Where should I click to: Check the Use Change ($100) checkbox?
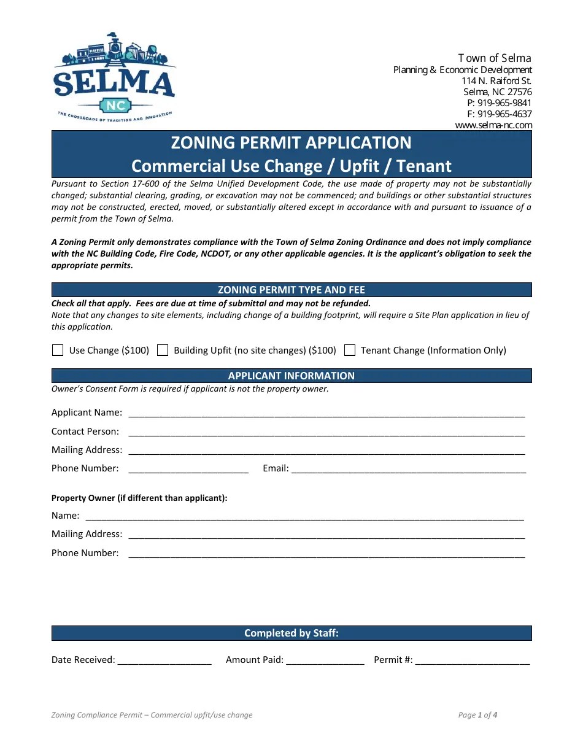[58, 350]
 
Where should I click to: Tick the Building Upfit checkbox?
[163, 350]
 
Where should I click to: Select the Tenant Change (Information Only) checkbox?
[350, 350]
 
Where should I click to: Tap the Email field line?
[408, 469]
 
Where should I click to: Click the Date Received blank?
[164, 660]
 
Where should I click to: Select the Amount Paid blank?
[325, 660]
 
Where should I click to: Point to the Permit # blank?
[472, 660]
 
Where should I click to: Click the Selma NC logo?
[115, 77]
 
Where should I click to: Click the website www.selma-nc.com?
[493, 125]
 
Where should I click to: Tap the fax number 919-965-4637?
[504, 114]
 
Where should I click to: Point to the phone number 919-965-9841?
[504, 103]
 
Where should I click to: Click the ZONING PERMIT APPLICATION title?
[291, 143]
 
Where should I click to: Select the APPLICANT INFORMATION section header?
[291, 376]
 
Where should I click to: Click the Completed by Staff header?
[291, 633]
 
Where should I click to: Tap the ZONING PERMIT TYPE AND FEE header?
[291, 290]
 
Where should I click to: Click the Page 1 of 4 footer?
[477, 715]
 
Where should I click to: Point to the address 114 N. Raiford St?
[496, 81]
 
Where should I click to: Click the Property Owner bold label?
[139, 498]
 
